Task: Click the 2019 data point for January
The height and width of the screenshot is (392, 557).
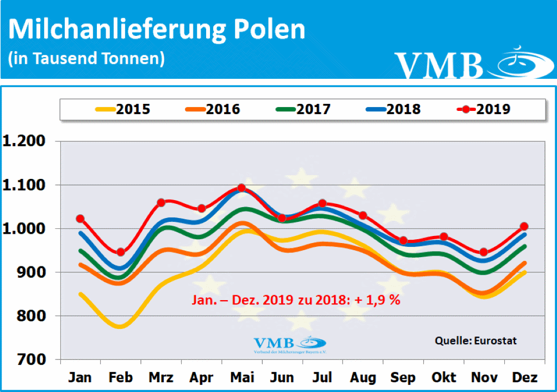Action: click(80, 219)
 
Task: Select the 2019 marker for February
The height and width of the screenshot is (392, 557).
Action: click(121, 252)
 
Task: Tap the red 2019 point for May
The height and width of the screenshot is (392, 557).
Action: click(242, 188)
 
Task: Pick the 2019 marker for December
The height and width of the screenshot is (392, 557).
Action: click(524, 226)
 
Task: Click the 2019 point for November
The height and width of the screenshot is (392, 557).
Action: click(484, 252)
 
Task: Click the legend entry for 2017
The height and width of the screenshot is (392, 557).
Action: click(302, 109)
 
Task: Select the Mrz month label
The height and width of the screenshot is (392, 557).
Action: click(161, 377)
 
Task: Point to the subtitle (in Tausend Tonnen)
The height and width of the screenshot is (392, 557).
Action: click(86, 58)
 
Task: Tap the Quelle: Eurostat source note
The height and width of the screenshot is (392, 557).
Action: click(475, 341)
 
